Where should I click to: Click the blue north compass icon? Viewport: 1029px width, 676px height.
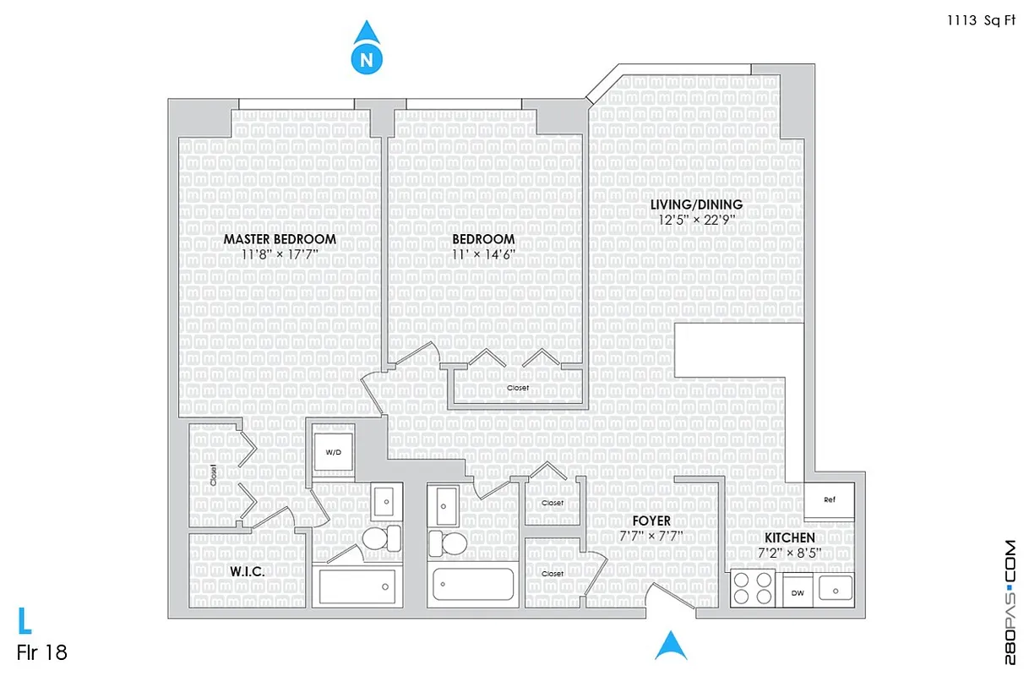(x=365, y=50)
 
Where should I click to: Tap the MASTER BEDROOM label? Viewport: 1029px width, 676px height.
(x=280, y=239)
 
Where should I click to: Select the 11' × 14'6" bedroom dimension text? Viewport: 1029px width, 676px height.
(x=483, y=254)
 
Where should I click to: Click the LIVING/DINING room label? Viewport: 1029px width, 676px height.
(x=696, y=204)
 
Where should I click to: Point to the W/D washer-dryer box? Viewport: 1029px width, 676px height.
(x=334, y=453)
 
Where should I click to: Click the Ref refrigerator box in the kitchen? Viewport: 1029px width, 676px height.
(x=829, y=499)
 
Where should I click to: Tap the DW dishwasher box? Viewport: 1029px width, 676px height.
(x=798, y=593)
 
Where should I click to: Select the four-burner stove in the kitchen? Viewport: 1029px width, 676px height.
(x=753, y=588)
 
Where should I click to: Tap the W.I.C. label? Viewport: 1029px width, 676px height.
(x=248, y=572)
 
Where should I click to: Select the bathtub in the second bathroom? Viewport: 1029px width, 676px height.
(x=473, y=583)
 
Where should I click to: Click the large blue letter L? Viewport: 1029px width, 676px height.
(x=25, y=621)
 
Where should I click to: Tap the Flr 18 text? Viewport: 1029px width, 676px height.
(x=41, y=653)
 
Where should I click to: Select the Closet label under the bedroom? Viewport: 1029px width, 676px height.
(x=518, y=388)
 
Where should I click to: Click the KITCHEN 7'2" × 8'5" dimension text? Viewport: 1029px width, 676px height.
(x=790, y=553)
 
